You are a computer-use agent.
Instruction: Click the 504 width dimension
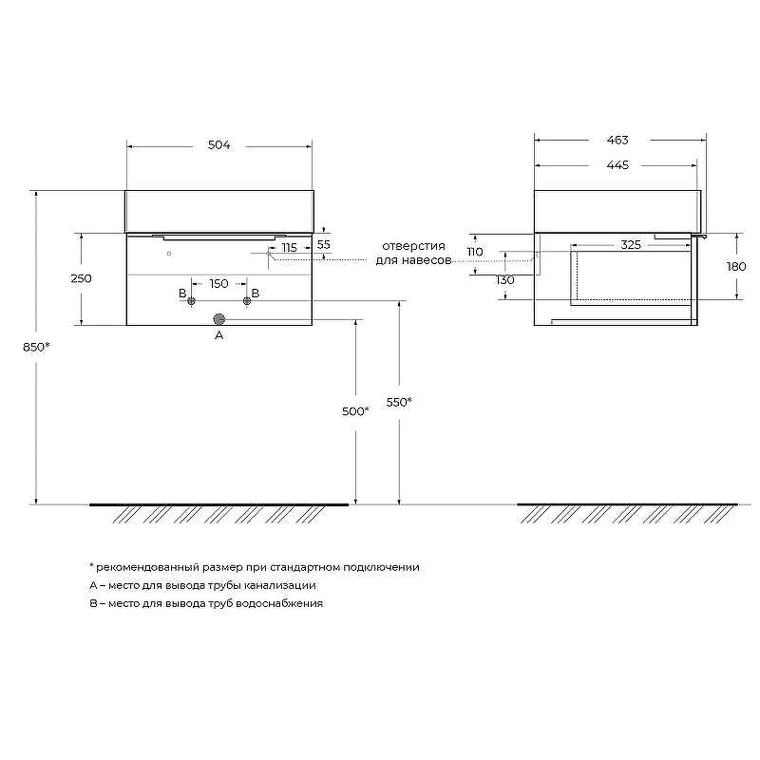219,145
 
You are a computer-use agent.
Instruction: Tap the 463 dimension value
617,140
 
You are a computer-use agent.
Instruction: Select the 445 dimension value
617,165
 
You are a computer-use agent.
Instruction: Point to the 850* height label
36,347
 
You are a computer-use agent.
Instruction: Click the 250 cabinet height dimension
81,278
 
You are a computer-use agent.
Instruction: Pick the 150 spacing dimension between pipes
219,283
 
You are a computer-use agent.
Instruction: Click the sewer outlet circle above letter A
219,319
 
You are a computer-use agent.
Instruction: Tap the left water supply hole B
191,301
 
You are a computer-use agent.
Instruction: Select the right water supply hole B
247,301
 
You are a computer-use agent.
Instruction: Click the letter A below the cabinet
219,335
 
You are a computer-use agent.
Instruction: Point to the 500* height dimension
355,411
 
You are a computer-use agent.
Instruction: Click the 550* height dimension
399,402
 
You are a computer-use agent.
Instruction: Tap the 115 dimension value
290,248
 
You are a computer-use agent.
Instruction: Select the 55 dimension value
323,245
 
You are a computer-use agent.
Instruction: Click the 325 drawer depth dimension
631,245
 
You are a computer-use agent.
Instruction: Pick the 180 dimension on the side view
736,267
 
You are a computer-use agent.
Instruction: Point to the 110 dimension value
475,252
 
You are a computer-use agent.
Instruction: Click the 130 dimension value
505,280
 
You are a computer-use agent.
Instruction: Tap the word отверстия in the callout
413,246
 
